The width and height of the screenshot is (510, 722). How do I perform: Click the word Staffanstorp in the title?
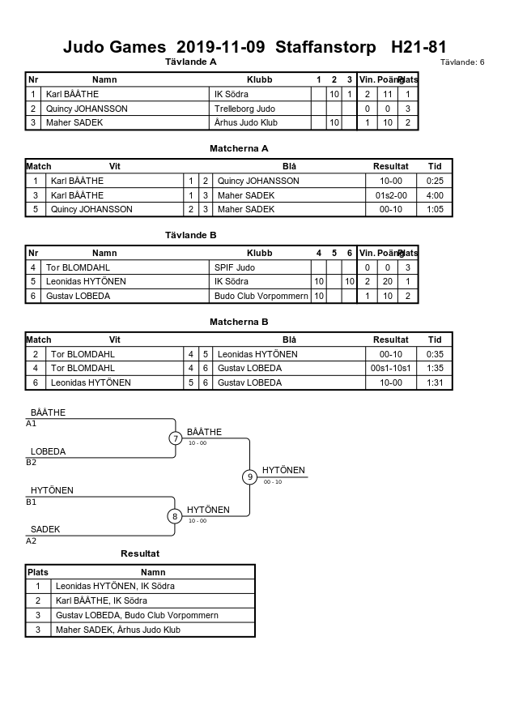325,47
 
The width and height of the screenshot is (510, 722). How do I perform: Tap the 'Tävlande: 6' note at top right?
462,62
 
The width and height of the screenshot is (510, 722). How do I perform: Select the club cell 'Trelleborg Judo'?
244,109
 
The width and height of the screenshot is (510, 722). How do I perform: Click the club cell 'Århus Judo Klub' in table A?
245,122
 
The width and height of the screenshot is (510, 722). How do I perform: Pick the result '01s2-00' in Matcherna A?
391,195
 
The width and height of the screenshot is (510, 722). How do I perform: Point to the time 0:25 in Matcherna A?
435,181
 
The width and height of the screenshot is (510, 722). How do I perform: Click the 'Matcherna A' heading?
239,148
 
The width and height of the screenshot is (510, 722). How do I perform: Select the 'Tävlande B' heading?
190,235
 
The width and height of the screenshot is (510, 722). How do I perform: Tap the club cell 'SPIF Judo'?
235,267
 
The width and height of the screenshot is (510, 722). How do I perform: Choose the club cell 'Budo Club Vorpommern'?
261,296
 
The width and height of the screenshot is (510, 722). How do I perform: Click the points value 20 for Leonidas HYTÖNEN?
388,281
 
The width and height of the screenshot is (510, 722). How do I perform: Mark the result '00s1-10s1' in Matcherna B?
391,368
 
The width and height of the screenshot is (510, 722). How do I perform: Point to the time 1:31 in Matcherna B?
435,382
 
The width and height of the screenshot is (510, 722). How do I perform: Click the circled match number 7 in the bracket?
175,438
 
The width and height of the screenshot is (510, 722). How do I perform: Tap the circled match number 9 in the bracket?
249,476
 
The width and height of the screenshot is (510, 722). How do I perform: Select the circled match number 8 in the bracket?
175,516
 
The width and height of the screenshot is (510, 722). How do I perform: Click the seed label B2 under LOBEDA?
31,463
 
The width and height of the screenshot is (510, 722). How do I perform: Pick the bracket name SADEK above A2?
45,529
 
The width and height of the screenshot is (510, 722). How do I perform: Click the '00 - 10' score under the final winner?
273,481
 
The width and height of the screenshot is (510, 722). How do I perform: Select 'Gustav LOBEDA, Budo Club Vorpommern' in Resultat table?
137,615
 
